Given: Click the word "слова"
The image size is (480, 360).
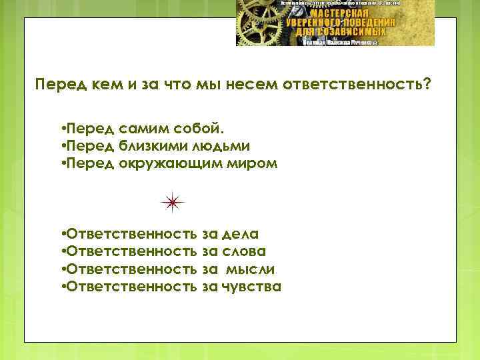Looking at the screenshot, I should [243, 251].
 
